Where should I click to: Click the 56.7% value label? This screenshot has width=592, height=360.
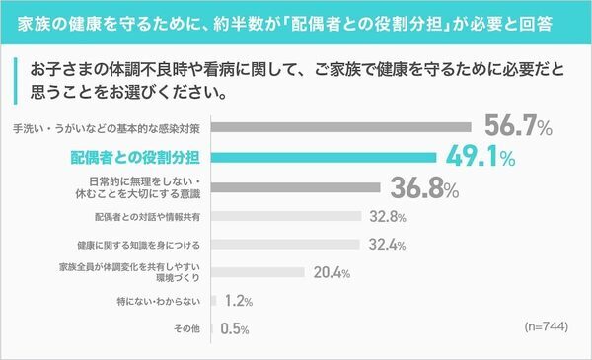click(518, 126)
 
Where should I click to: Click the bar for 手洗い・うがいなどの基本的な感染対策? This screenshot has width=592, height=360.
click(340, 127)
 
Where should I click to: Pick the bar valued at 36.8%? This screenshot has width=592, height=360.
click(295, 187)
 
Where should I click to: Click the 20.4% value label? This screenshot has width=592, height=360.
click(332, 273)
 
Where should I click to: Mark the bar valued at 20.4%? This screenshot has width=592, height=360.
click(259, 273)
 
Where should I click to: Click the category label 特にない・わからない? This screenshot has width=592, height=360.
click(159, 301)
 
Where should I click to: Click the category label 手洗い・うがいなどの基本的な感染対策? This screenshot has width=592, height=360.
click(109, 128)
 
